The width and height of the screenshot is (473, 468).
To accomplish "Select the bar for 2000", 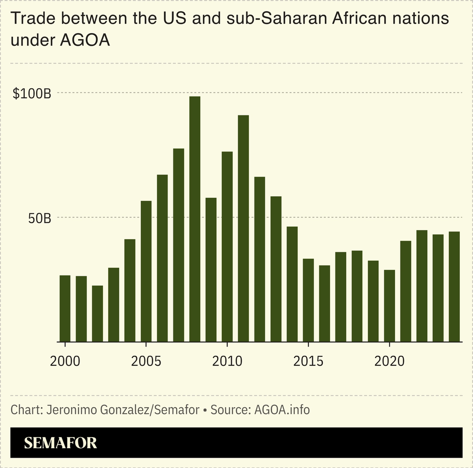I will (x=65, y=308).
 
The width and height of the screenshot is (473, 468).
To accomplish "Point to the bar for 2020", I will (x=389, y=305).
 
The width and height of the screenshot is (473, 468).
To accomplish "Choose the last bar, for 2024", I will (x=454, y=287).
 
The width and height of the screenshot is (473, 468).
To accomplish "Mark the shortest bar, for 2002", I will (x=97, y=313).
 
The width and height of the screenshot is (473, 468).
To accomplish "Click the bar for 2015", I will (x=308, y=300).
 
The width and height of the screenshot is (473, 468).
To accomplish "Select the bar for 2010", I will (x=227, y=246).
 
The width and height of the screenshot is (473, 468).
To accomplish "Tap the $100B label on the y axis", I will (x=32, y=94).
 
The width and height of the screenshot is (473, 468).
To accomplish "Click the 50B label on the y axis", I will (x=39, y=218).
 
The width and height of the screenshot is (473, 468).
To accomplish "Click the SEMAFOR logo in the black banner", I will (x=61, y=443).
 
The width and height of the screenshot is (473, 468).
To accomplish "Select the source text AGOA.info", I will (x=282, y=409).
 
